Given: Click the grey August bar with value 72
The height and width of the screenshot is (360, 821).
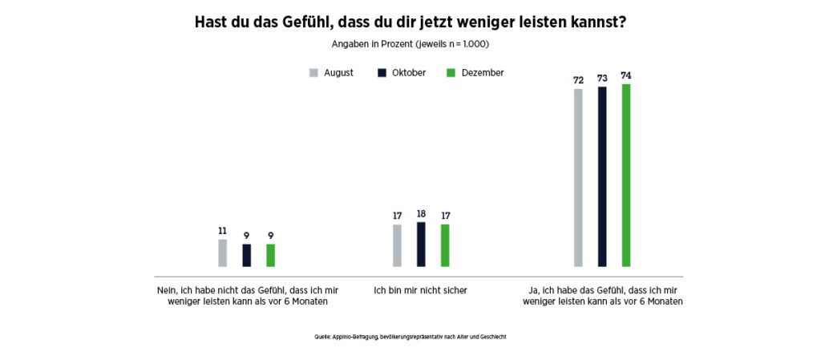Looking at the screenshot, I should tap(578, 177).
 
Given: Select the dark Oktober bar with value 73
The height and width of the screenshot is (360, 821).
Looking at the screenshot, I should tap(602, 176).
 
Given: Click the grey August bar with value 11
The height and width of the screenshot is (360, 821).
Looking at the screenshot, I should tap(222, 253).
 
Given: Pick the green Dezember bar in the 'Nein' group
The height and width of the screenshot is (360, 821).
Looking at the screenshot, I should tap(270, 255).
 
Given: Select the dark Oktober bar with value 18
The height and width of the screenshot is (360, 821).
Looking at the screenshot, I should tap(421, 244).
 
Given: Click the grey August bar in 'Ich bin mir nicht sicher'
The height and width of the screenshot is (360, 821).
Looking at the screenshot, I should tap(397, 245).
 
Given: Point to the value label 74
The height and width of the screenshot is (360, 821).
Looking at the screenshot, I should tap(626, 75).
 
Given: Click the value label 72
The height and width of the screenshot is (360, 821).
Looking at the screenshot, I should tap(578, 80).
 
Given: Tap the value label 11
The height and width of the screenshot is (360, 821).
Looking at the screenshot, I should tap(222, 231).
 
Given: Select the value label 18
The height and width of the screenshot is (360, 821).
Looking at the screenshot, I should tap(421, 214).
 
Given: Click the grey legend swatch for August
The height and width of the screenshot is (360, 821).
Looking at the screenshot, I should tap(313, 73).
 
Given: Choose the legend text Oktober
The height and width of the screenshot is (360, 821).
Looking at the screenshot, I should tap(409, 73).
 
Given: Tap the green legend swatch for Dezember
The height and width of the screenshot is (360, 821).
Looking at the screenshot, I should tap(451, 73).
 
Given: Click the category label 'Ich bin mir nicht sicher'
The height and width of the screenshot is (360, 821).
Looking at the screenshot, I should tap(420, 289).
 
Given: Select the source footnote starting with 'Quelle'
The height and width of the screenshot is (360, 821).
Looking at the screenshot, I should tap(410, 337).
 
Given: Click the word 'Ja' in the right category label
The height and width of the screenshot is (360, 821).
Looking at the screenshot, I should tap(535, 289).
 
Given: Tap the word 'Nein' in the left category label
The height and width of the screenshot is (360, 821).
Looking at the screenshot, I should tap(167, 289).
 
